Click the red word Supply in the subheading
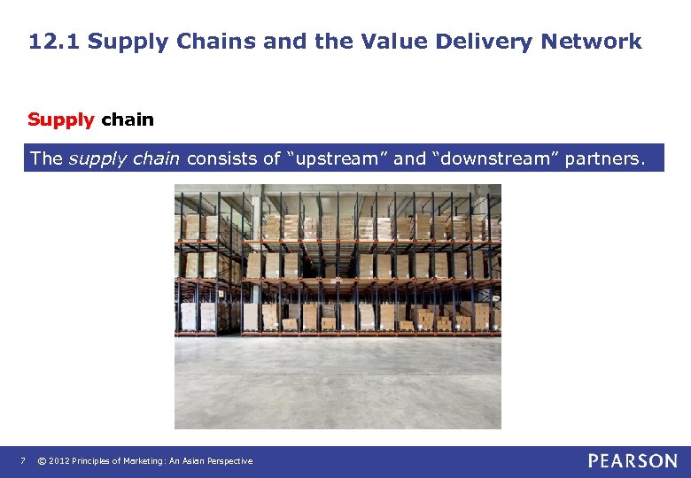coord(60,119)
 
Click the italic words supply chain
coord(125,159)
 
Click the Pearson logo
coord(633,460)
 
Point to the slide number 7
coord(23,461)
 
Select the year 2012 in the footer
coord(59,461)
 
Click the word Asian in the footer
coord(203,461)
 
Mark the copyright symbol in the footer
coord(41,461)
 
